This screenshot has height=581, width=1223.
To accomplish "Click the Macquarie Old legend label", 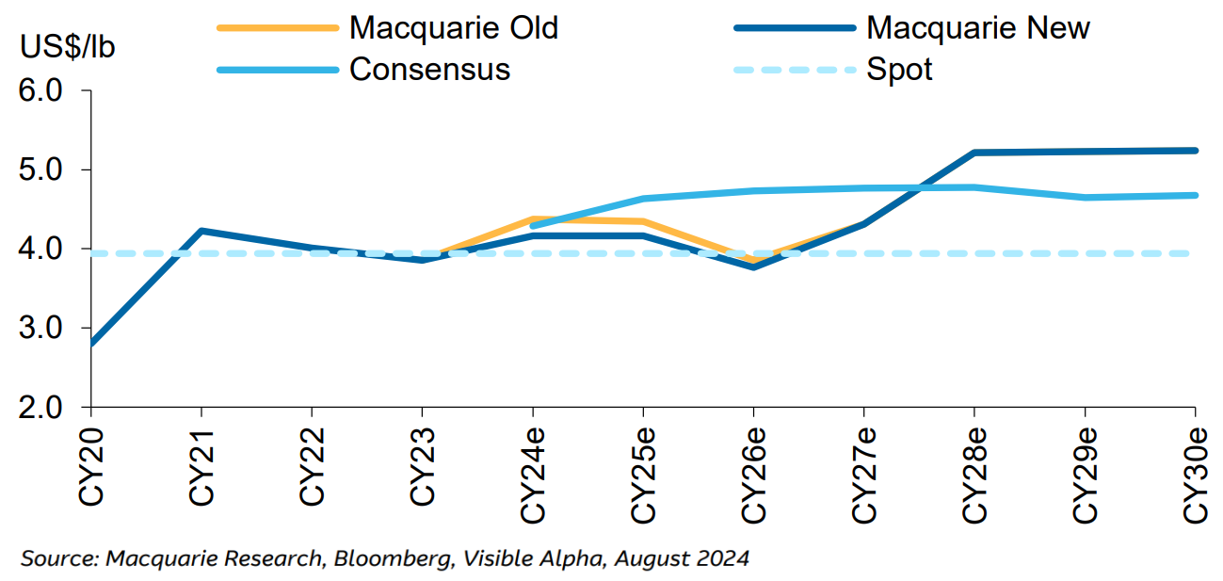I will tap(453, 27).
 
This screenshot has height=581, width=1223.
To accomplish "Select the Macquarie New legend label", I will tap(977, 27).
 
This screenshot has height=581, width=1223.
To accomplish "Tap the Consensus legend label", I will tap(429, 69).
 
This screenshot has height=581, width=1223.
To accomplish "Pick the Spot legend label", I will tap(899, 69).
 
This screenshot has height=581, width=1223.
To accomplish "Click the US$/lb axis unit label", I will tap(69, 46).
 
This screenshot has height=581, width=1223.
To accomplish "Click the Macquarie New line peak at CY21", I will tap(201, 231).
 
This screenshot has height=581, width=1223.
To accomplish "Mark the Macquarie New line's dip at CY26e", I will tap(753, 267).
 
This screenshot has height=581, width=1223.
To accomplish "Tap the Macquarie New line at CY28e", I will tap(974, 153).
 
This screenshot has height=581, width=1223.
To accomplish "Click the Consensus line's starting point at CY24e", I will tap(533, 226).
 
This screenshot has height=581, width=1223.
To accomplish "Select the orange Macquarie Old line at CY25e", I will tap(643, 222).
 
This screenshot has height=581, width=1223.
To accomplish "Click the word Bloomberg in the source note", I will tap(375, 558).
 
